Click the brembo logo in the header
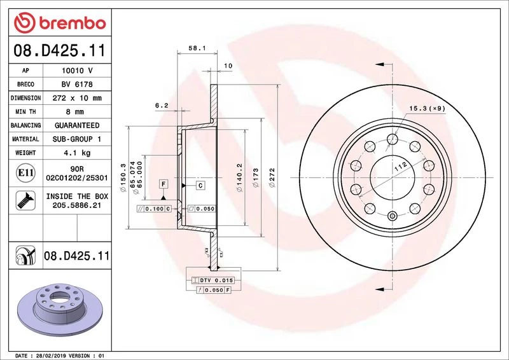coord(60,23)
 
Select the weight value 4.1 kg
coord(77,153)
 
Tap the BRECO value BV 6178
coord(77,84)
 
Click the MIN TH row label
coord(25,112)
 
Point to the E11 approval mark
coord(25,173)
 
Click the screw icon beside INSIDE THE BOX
coord(25,200)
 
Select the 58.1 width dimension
coord(197,48)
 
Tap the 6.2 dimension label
coord(162,105)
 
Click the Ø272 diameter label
coord(272,177)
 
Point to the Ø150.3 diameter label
coord(123,177)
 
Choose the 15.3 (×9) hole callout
coord(427,108)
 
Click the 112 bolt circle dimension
coord(401,167)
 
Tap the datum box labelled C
coord(200,185)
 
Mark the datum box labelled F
coord(164,184)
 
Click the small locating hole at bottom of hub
coord(393,216)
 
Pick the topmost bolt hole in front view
coord(393,139)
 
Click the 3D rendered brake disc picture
coord(60,309)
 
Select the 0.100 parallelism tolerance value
coord(155,209)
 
